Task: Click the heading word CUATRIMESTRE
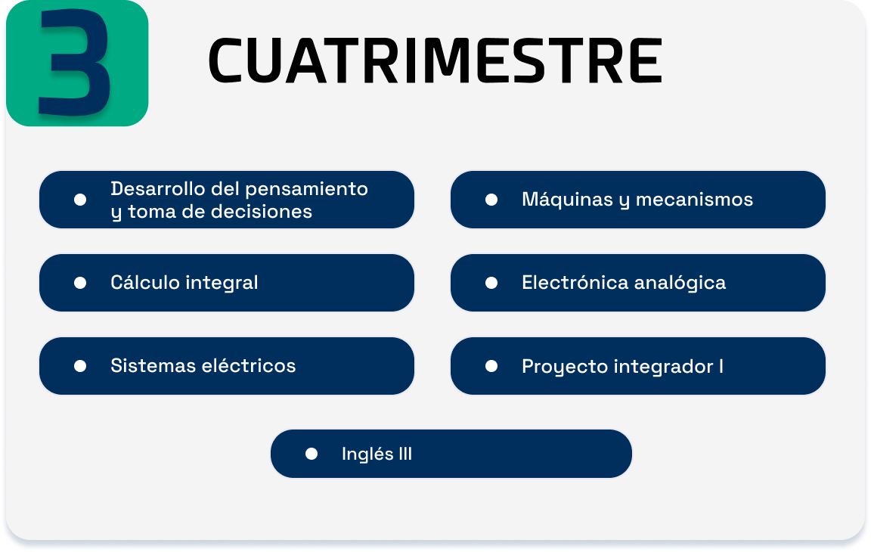[435, 60]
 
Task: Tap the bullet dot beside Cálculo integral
[80, 284]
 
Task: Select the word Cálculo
[145, 282]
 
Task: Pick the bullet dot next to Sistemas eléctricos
[80, 366]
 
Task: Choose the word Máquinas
[567, 200]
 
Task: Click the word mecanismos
[694, 200]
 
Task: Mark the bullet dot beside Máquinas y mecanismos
[491, 200]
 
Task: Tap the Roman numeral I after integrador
[721, 366]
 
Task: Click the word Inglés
[367, 454]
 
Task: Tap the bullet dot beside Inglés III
[312, 454]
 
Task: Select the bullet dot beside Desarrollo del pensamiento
[80, 200]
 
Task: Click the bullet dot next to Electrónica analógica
[491, 284]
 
